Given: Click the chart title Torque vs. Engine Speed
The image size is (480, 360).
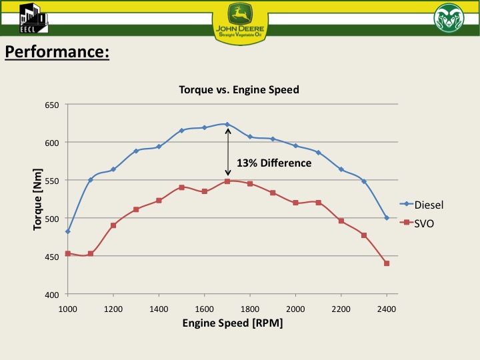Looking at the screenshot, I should [x=239, y=89].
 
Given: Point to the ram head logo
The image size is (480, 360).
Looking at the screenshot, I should [x=448, y=18].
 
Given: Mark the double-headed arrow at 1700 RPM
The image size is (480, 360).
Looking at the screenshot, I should [x=227, y=153].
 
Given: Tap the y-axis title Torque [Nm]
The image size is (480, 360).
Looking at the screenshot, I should [x=38, y=200].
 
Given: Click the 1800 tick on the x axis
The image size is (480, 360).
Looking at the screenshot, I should [x=250, y=309].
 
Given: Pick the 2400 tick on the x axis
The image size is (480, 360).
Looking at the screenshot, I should [x=387, y=309].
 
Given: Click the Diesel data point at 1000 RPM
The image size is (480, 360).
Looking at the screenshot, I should [x=68, y=231].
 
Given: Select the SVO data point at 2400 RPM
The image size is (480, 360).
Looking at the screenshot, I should [x=387, y=263].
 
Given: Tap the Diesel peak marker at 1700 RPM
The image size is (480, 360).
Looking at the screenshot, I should [x=227, y=124].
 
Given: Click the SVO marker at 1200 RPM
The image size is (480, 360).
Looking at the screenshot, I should [x=113, y=225].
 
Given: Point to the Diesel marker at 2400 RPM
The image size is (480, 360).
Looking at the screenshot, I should [x=387, y=218].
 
